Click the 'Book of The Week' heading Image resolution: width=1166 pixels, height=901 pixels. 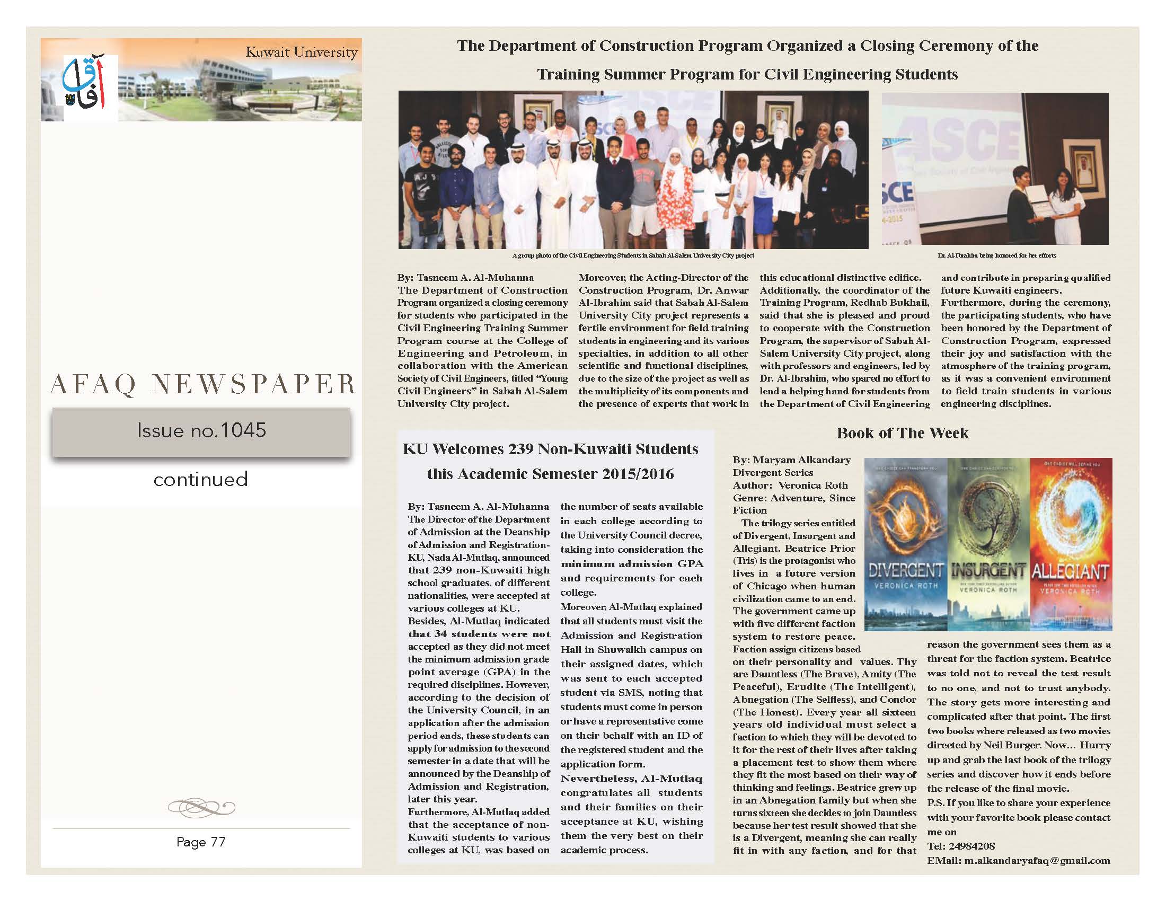click(x=902, y=433)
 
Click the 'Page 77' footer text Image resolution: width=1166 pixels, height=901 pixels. click(x=201, y=842)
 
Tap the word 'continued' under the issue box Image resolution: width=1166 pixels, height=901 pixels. click(x=201, y=479)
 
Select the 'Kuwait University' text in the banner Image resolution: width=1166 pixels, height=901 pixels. click(x=301, y=52)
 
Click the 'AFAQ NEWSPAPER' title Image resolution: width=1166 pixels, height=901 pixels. click(x=202, y=384)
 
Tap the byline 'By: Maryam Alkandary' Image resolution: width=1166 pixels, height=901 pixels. click(x=791, y=460)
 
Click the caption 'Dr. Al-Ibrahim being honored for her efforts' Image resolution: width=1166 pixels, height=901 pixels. click(x=996, y=255)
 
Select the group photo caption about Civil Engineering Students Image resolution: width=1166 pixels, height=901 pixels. click(x=633, y=255)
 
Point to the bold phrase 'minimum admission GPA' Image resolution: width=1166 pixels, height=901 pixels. click(x=632, y=564)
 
